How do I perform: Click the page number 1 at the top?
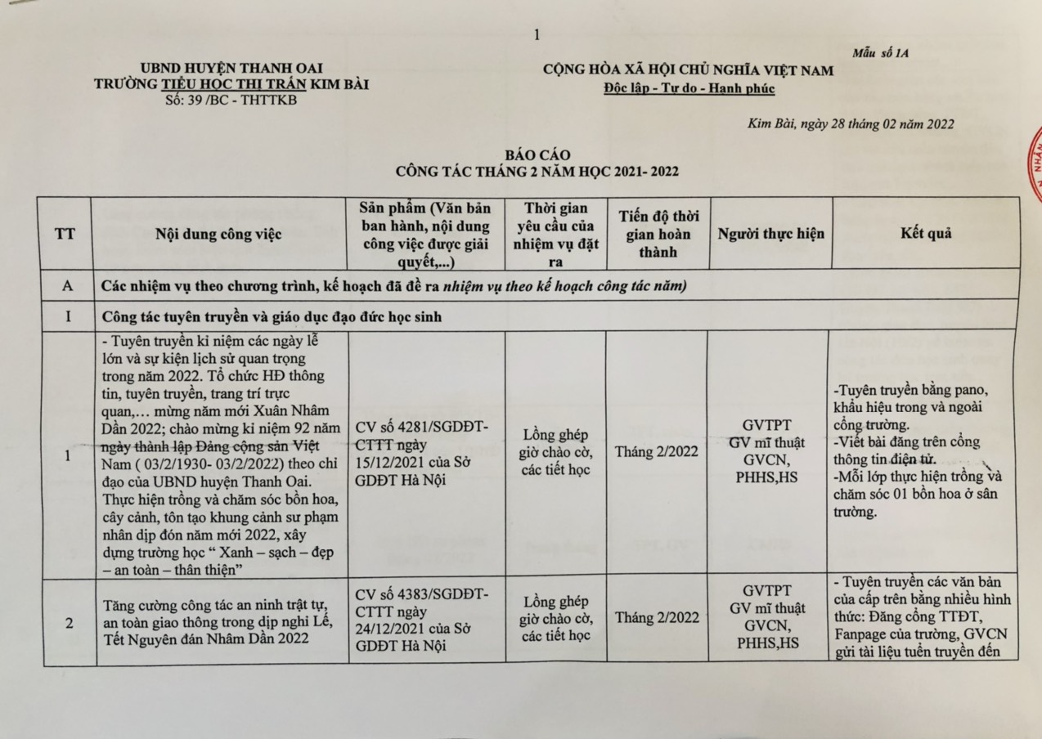point(536,34)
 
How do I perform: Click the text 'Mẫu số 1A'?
point(880,53)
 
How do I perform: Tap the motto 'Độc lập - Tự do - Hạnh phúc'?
point(688,88)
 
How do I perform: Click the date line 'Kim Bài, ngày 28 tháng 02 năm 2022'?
point(851,124)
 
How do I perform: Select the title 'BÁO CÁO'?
point(537,155)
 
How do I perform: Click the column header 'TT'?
point(65,234)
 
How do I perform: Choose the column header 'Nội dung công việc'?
point(218,234)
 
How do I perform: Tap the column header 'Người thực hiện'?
point(770,234)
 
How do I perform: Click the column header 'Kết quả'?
point(926,234)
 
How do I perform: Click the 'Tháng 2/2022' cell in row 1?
point(657,451)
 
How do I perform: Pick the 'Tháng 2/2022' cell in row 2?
point(657,617)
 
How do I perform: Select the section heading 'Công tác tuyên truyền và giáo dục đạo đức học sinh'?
point(271,316)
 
